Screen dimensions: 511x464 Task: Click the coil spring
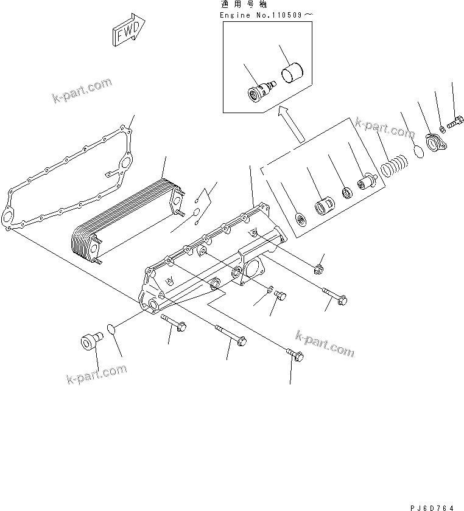pos(395,166)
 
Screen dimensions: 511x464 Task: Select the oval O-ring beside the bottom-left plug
pos(111,328)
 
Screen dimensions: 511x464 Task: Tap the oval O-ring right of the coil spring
pos(418,151)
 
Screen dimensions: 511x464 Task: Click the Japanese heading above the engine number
pos(234,4)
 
